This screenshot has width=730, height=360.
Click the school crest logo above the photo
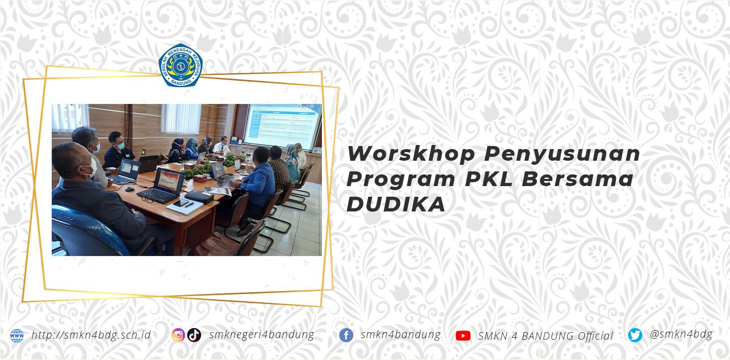(180, 65)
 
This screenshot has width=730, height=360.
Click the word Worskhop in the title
(411, 154)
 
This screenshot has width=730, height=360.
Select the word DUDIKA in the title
(396, 204)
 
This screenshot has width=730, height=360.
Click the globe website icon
(17, 335)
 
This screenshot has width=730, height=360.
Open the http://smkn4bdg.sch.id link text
(91, 335)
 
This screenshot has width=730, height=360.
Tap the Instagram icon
(178, 335)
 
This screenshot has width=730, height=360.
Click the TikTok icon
(194, 335)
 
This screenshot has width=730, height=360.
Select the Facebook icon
(346, 335)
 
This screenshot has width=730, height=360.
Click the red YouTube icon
(463, 336)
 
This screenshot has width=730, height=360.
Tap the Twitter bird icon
(635, 335)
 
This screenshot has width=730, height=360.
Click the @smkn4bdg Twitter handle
(681, 334)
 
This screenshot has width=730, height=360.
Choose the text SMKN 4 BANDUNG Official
(545, 336)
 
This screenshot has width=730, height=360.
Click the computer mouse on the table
(130, 189)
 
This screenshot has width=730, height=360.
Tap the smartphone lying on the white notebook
(181, 203)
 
